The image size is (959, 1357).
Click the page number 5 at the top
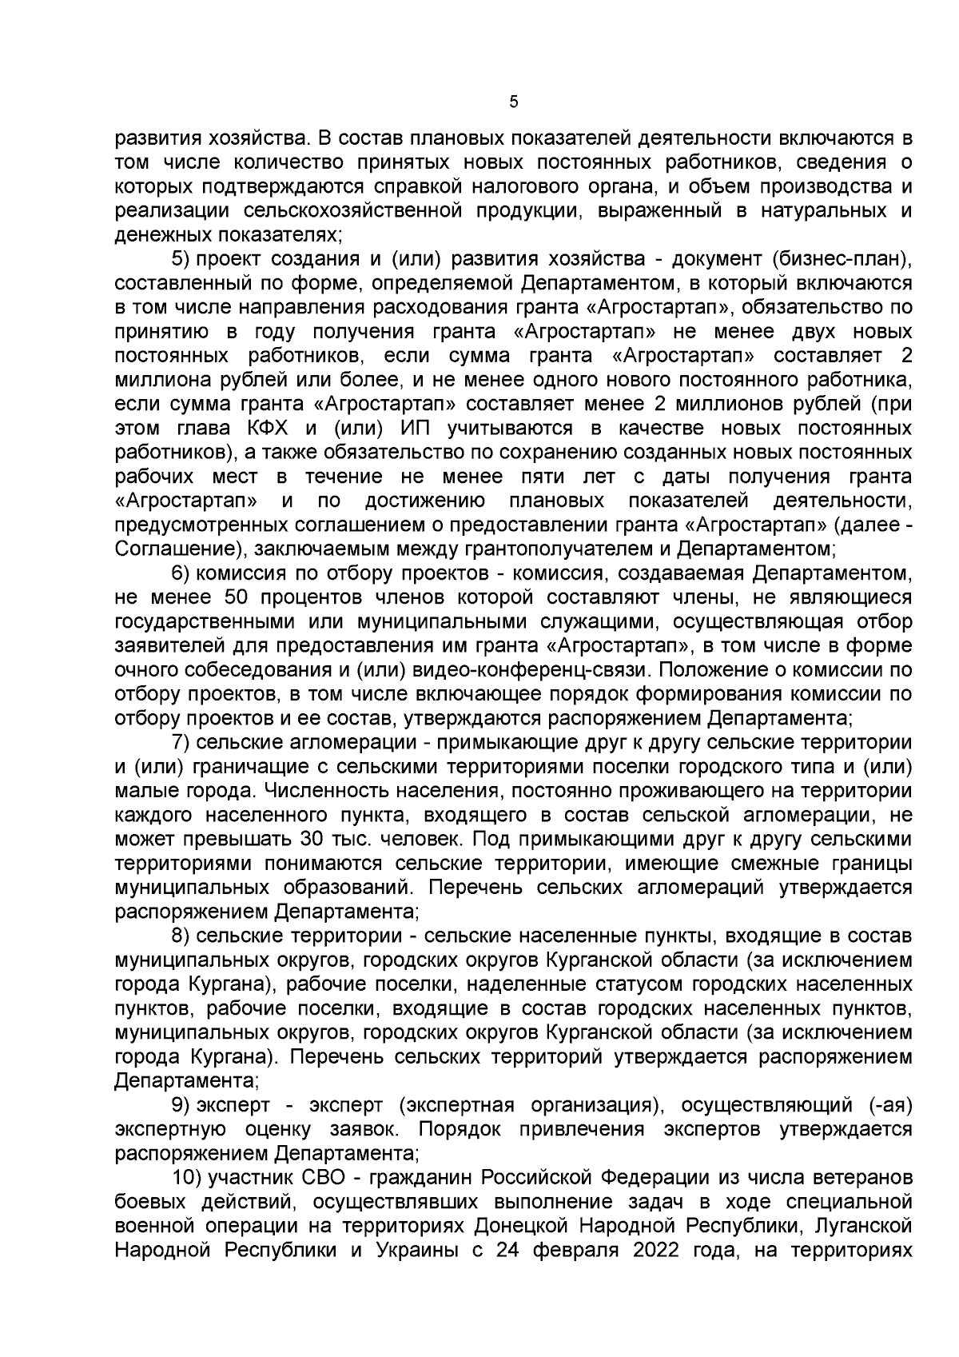pos(513,102)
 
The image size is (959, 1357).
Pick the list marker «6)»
pos(181,573)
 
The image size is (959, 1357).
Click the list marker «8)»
pos(181,936)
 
